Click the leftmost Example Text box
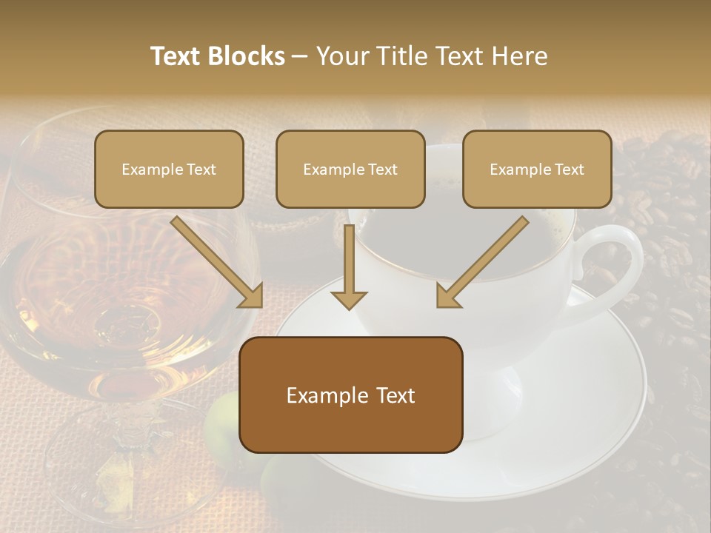169,169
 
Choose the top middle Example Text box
350,169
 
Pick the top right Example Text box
537,169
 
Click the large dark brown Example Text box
350,395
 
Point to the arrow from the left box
218,263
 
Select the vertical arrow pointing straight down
350,266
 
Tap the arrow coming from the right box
481,263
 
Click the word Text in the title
177,56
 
